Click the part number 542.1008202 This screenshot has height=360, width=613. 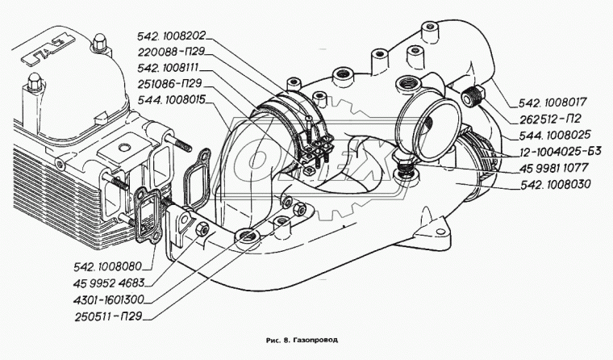(x=171, y=36)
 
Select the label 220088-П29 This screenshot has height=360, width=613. (x=171, y=52)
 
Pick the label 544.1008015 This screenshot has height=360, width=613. (x=172, y=100)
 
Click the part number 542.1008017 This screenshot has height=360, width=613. (x=553, y=103)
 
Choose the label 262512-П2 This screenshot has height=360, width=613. (x=549, y=119)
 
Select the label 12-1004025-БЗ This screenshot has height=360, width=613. (x=560, y=152)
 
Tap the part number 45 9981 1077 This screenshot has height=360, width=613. (x=553, y=168)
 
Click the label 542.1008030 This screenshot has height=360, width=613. (x=556, y=184)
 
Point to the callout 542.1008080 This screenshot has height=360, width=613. (x=107, y=267)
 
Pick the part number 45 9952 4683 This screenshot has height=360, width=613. (x=109, y=283)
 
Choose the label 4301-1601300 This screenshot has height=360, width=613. (x=109, y=299)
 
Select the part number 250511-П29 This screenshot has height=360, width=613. (x=108, y=316)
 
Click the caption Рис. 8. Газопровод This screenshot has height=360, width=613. (x=302, y=340)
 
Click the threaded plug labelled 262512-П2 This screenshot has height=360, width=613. (x=473, y=96)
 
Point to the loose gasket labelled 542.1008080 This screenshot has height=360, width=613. (x=148, y=216)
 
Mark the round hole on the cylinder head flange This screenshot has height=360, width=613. (x=124, y=148)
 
